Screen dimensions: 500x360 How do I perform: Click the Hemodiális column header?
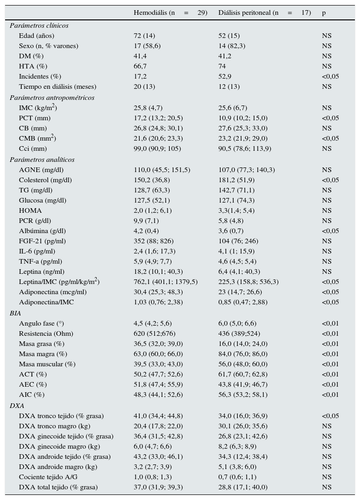pos(170,12)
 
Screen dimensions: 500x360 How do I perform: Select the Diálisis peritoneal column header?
pos(264,12)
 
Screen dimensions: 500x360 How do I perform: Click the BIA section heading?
pos(15,313)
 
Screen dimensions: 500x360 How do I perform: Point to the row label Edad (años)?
pos(37,36)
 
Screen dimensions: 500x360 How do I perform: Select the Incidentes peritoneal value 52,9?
pos(225,76)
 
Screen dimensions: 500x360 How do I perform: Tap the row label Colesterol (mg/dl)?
pos(45,180)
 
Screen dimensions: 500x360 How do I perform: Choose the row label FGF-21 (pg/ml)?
pos(42,241)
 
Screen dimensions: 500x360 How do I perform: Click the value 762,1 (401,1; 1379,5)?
pos(166,282)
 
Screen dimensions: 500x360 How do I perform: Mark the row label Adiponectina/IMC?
pos(46,302)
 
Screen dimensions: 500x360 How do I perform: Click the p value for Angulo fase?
pos(330,323)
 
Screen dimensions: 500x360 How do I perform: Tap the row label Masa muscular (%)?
pos(47,364)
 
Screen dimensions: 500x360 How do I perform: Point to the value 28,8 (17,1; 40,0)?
pos(243,487)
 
